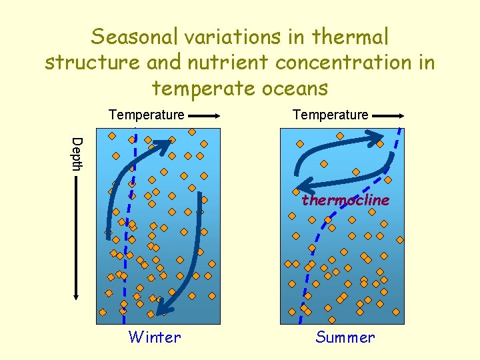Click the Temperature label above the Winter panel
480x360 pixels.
[146, 115]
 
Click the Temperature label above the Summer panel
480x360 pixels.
[330, 115]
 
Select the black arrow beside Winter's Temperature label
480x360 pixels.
[204, 115]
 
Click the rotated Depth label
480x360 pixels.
[77, 153]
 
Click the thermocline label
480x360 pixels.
[345, 200]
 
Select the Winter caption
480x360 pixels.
[155, 337]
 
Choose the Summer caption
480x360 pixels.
[345, 337]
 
